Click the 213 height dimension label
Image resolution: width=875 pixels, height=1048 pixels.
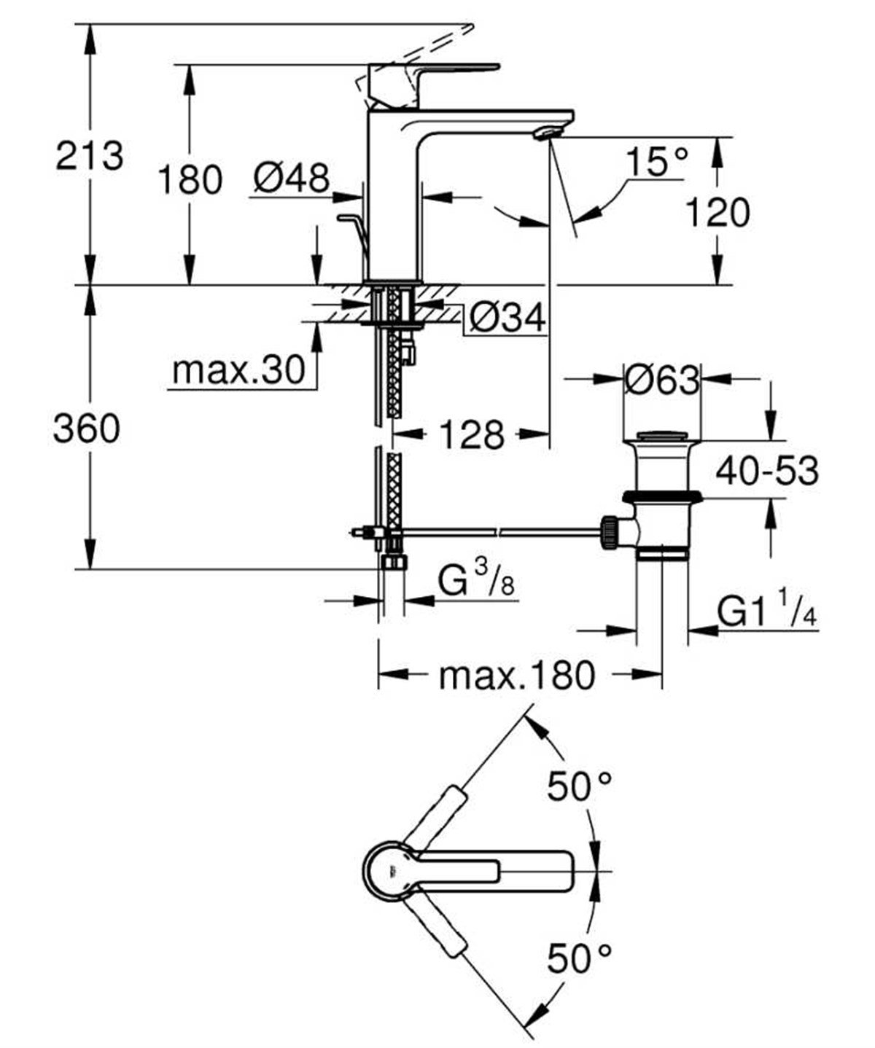pyautogui.click(x=90, y=155)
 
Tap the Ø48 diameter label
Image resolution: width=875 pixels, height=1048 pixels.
pyautogui.click(x=292, y=177)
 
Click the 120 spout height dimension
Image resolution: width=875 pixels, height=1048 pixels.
pyautogui.click(x=717, y=213)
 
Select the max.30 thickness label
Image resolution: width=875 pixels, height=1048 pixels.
pyautogui.click(x=238, y=371)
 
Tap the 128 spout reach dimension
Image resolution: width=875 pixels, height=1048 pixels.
pyautogui.click(x=471, y=435)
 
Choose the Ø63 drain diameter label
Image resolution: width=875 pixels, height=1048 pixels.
pyautogui.click(x=661, y=379)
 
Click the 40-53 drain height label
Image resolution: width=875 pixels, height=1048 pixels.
pyautogui.click(x=766, y=471)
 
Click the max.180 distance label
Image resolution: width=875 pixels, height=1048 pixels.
pyautogui.click(x=516, y=676)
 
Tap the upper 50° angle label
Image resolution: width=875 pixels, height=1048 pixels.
pyautogui.click(x=580, y=786)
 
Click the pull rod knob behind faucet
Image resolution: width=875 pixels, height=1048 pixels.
pyautogui.click(x=349, y=217)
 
